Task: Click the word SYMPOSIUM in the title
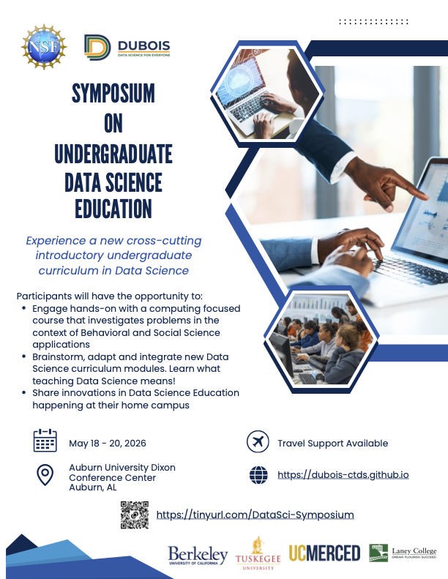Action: [113, 93]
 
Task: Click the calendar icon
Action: [45, 441]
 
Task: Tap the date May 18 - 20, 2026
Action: [106, 444]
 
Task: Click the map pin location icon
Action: [45, 476]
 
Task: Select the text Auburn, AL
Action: [93, 488]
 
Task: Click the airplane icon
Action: [256, 442]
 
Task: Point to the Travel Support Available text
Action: [332, 444]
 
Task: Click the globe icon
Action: [258, 475]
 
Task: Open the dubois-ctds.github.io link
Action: [343, 475]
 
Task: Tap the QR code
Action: [134, 515]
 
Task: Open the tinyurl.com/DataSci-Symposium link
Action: [255, 515]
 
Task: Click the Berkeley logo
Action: [198, 556]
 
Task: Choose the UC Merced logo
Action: [324, 553]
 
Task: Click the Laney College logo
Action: [403, 553]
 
